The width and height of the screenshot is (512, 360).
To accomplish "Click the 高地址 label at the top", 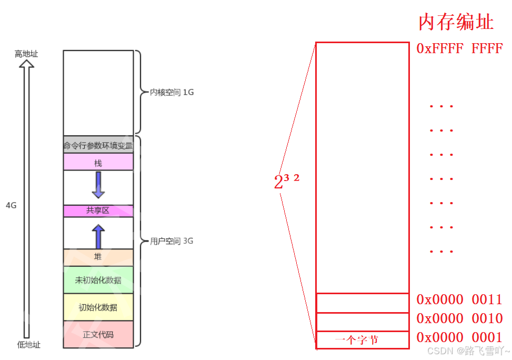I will [x=26, y=54].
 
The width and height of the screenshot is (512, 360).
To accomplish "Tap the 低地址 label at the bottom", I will [x=28, y=345].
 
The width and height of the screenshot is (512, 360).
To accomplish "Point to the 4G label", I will [x=11, y=205].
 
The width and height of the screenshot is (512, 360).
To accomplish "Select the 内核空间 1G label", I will [x=172, y=92].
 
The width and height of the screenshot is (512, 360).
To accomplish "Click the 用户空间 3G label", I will [x=172, y=242].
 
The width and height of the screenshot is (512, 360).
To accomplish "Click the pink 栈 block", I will [x=98, y=163].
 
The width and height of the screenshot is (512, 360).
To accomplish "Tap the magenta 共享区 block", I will [x=98, y=211].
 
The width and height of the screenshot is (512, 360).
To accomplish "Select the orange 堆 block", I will [x=98, y=257].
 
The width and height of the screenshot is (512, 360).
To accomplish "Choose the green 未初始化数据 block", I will [x=98, y=280].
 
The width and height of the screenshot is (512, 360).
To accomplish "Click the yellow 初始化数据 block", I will [x=98, y=307].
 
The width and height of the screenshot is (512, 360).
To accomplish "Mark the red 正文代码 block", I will [x=98, y=334].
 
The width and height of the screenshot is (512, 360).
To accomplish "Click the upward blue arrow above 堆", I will [x=98, y=236].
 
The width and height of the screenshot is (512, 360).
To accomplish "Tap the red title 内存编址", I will [x=456, y=23].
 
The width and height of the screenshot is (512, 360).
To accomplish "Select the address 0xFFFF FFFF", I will [x=459, y=49].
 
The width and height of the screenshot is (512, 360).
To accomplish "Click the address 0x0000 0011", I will [x=459, y=300].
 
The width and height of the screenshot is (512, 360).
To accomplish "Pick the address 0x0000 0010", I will [x=459, y=319].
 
